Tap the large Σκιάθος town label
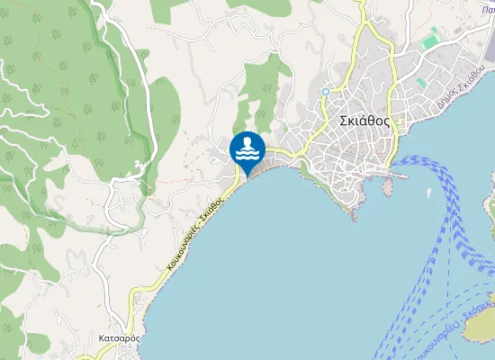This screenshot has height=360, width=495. coord(365,122)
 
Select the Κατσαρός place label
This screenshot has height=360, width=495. coord(118,338)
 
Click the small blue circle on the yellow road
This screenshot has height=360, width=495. coord(325,91)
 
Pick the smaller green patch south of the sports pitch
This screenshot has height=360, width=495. coord(421,83)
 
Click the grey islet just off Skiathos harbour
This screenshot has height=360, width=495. coord(389,187)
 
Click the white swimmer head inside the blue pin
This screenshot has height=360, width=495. coord(247,142)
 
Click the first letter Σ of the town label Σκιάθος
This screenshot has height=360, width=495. coord(343,122)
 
